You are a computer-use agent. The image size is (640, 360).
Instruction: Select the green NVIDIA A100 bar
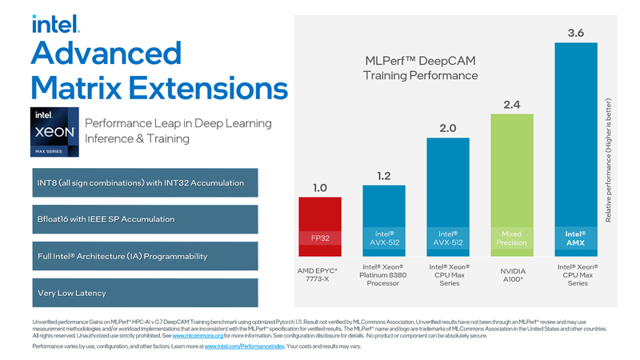pos(511,183)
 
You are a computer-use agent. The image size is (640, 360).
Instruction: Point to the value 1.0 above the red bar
pos(320,187)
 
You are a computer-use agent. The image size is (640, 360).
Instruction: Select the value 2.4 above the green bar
pos(511,104)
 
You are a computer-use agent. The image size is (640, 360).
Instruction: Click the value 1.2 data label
pos(384,175)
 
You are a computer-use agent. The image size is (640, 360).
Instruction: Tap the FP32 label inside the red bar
pos(320,237)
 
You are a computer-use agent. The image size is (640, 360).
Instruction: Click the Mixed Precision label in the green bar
pos(511,237)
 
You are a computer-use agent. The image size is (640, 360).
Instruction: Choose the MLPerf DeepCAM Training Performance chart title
pos(416,67)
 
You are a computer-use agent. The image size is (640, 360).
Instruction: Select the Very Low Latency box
pos(145,292)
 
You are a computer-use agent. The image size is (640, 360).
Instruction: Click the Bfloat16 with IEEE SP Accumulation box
pos(145,218)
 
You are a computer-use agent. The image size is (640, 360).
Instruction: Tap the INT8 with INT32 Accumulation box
pos(145,182)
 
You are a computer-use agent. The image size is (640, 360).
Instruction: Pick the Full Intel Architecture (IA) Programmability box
pos(145,256)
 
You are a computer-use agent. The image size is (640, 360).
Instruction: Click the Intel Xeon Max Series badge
pos(55,132)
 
